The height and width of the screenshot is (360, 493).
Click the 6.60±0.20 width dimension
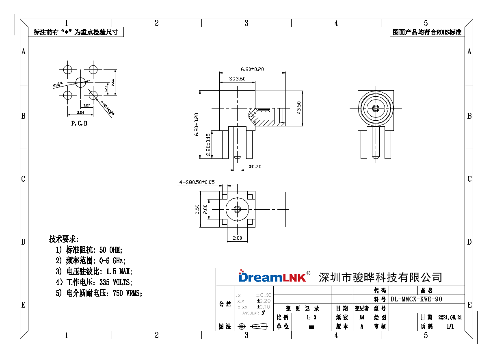pyautogui.click(x=252, y=69)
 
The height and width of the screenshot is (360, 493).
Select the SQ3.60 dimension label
pyautogui.click(x=237, y=79)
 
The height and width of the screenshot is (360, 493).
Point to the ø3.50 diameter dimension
pyautogui.click(x=299, y=108)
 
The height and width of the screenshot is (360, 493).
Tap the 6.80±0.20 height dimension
pyautogui.click(x=197, y=124)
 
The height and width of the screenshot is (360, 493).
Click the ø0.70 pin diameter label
pyautogui.click(x=255, y=167)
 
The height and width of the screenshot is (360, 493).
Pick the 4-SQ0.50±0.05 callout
pyautogui.click(x=197, y=182)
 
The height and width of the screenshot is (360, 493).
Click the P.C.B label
pyautogui.click(x=79, y=123)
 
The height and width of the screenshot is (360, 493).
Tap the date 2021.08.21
pyautogui.click(x=450, y=317)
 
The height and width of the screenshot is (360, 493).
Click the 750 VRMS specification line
pyautogui.click(x=99, y=293)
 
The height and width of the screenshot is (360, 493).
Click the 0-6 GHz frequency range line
pyautogui.click(x=91, y=260)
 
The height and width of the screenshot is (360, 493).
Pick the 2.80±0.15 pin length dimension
pyautogui.click(x=208, y=145)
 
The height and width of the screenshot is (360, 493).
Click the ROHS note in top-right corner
pyautogui.click(x=427, y=32)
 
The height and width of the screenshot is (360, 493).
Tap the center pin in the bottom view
pyautogui.click(x=237, y=210)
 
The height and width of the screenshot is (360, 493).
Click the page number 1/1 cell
pyautogui.click(x=450, y=326)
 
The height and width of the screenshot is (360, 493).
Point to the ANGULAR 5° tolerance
pyautogui.click(x=254, y=313)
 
